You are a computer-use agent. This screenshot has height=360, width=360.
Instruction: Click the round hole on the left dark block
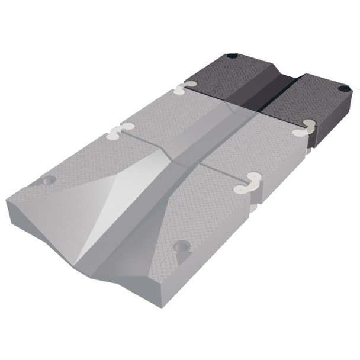tap(232, 57)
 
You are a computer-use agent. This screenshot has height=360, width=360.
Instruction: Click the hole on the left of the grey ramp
tap(48, 180)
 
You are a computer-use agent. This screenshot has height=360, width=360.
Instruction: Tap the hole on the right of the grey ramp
tap(181, 247)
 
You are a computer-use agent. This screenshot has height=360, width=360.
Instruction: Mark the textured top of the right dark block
tap(320, 98)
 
